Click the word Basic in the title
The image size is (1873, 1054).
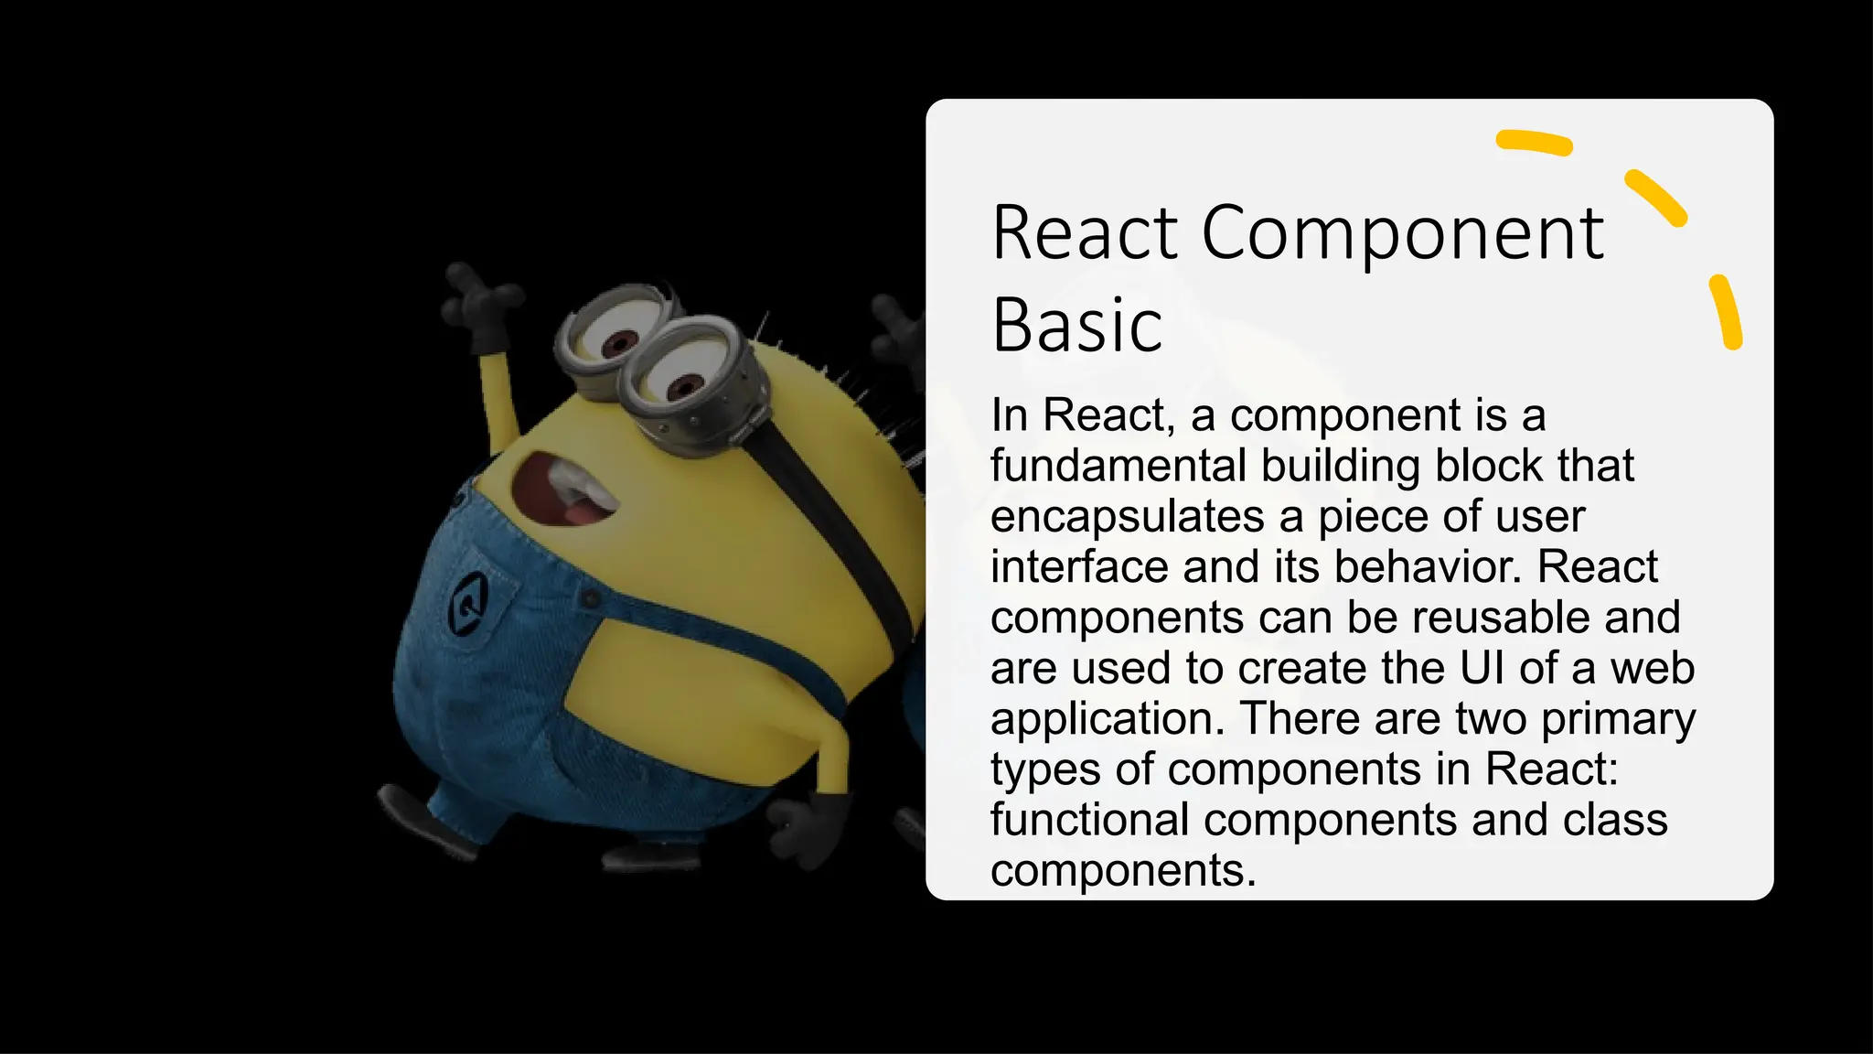pyautogui.click(x=1076, y=326)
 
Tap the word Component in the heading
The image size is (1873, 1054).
pyautogui.click(x=1402, y=235)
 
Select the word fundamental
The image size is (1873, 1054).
pyautogui.click(x=1118, y=466)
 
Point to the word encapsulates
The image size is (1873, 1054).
pyautogui.click(x=1127, y=517)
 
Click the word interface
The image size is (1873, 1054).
pyautogui.click(x=1079, y=567)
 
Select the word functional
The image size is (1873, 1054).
pyautogui.click(x=1089, y=820)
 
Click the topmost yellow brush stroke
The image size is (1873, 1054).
pyautogui.click(x=1534, y=142)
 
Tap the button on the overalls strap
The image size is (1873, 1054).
pyautogui.click(x=591, y=598)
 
